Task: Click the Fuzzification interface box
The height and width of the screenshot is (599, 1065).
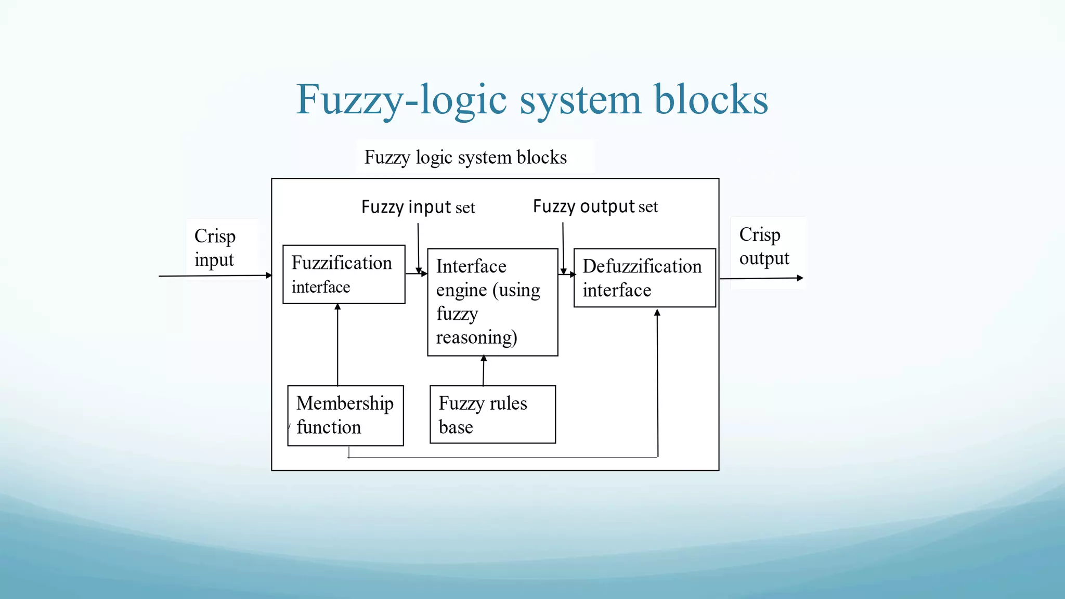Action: coord(344,274)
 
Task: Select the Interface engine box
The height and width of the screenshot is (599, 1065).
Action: coord(492,302)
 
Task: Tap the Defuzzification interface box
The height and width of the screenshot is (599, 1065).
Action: coord(644,278)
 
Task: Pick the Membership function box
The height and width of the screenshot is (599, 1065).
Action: coord(345,415)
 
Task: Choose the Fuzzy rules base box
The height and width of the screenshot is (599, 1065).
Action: coord(492,414)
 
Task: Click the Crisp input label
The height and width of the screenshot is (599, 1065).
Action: coord(215,248)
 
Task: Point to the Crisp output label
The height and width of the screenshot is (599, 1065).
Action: coord(764,246)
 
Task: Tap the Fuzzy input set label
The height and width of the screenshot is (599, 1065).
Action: coord(418,207)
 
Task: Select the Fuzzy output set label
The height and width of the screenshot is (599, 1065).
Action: coord(595,206)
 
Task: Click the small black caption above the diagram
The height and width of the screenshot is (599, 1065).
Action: coord(465,157)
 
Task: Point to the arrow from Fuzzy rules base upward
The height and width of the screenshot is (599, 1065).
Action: coord(484,370)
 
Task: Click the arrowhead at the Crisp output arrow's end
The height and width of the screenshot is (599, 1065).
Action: coord(800,278)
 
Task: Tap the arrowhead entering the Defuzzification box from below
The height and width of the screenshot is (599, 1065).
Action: coord(657,313)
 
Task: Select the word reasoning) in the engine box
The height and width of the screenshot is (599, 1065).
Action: coord(476,337)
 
